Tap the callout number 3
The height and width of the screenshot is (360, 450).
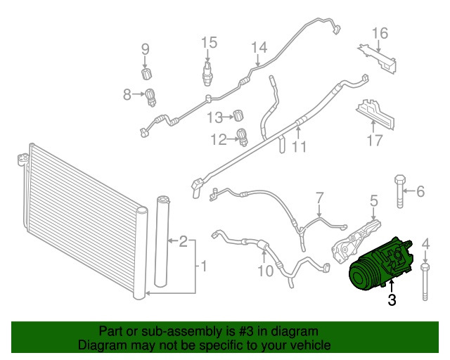(392, 301)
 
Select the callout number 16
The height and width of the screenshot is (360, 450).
(380, 33)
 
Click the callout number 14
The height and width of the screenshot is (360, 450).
(259, 48)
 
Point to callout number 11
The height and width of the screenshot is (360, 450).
(300, 147)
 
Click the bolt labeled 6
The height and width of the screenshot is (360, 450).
(399, 191)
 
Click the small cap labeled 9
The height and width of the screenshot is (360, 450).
(147, 73)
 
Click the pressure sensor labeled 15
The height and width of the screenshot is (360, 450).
(207, 71)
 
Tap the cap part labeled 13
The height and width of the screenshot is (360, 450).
(239, 115)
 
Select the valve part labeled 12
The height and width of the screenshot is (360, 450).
(243, 137)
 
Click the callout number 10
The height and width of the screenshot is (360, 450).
(266, 270)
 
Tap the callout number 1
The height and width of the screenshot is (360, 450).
(204, 266)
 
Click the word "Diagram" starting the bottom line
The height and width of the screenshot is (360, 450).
(101, 346)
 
